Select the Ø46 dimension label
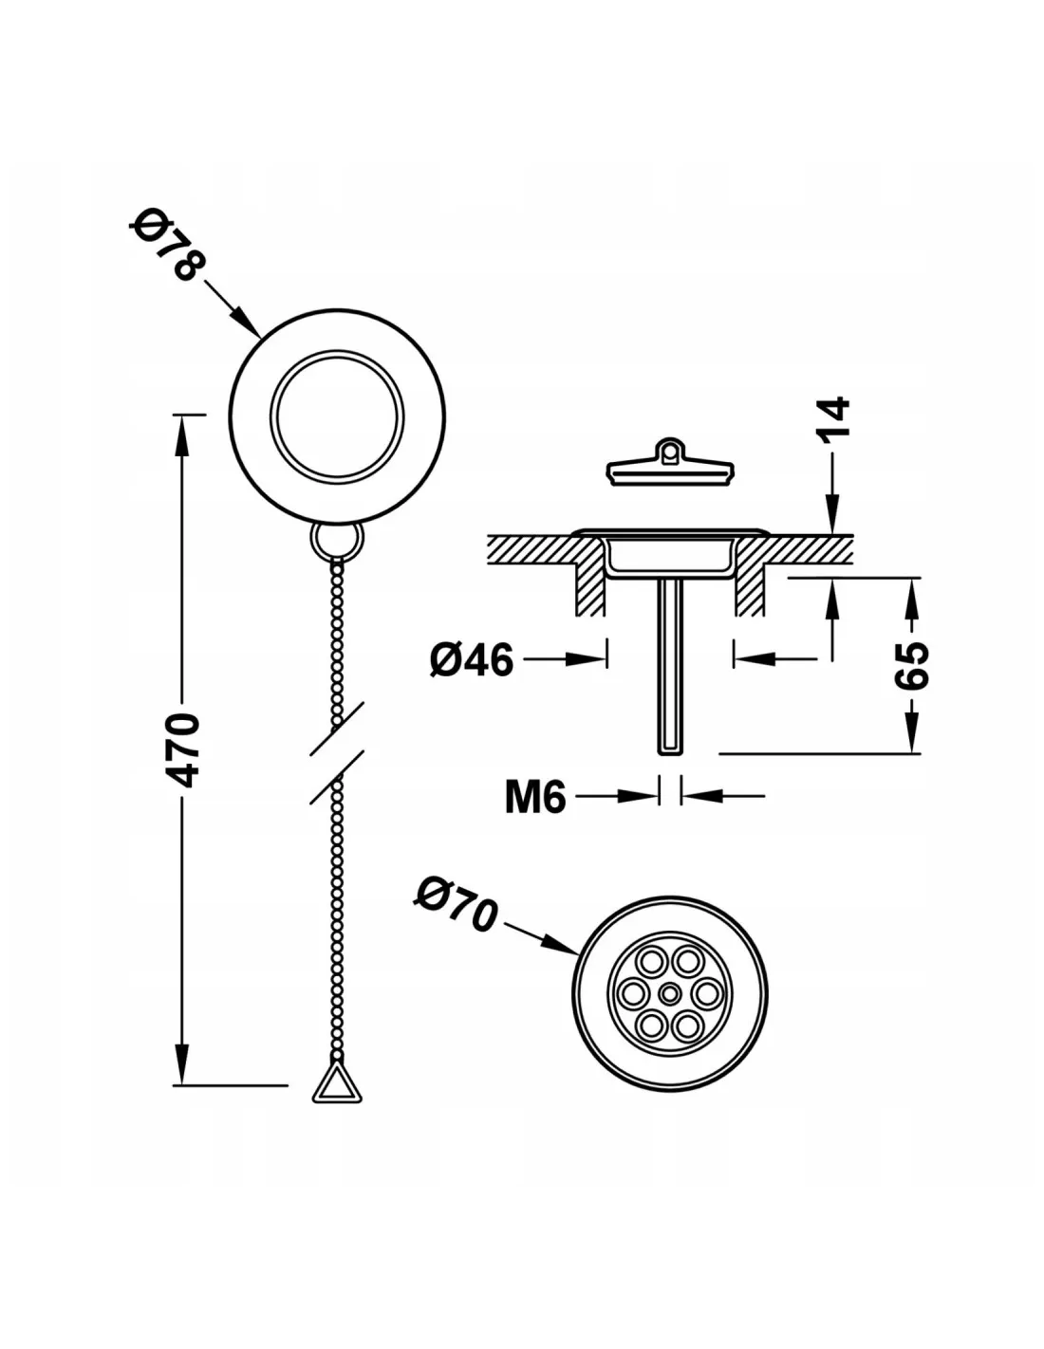(472, 659)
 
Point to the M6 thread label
(535, 797)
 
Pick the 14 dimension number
(833, 419)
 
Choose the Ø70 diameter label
(456, 904)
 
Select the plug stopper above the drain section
(669, 463)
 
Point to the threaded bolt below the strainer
(669, 667)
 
